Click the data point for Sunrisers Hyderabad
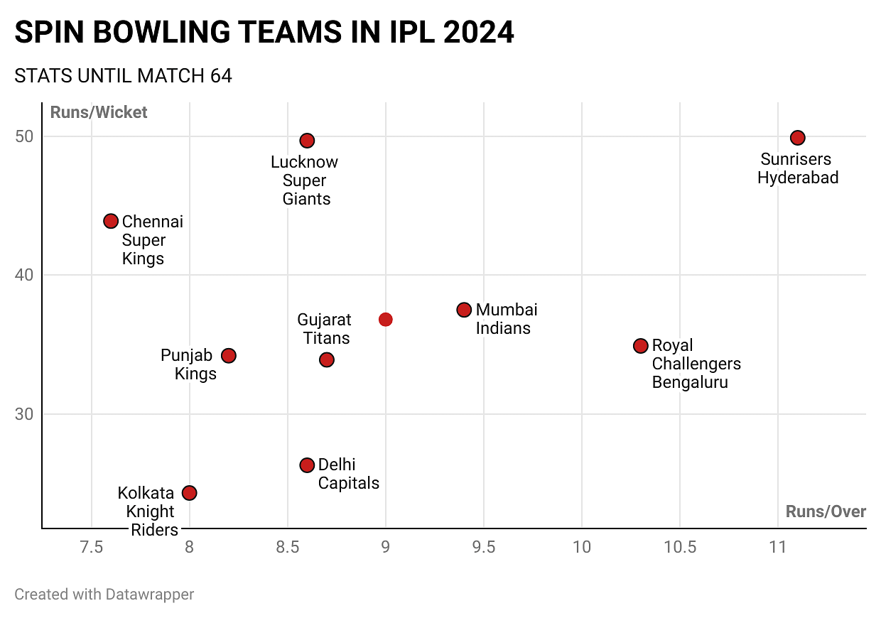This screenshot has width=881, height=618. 798,138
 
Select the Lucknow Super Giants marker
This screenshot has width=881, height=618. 307,141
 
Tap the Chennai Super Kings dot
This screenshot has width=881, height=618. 111,221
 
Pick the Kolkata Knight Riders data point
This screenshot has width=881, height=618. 189,493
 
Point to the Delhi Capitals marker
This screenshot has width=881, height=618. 307,465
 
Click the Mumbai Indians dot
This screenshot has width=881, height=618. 464,310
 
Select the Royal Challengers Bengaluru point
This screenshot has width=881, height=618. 641,346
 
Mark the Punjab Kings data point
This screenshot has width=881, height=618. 228,355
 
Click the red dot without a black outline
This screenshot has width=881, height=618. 385,320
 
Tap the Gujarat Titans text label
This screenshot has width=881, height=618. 324,329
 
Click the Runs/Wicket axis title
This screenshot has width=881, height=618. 99,112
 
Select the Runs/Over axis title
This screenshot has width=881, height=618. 826,512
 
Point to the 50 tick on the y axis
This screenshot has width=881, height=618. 26,136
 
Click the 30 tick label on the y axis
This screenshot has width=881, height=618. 26,414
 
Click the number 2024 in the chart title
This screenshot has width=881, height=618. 477,33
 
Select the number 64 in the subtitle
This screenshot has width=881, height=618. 220,76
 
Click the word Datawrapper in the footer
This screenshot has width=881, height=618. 150,594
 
